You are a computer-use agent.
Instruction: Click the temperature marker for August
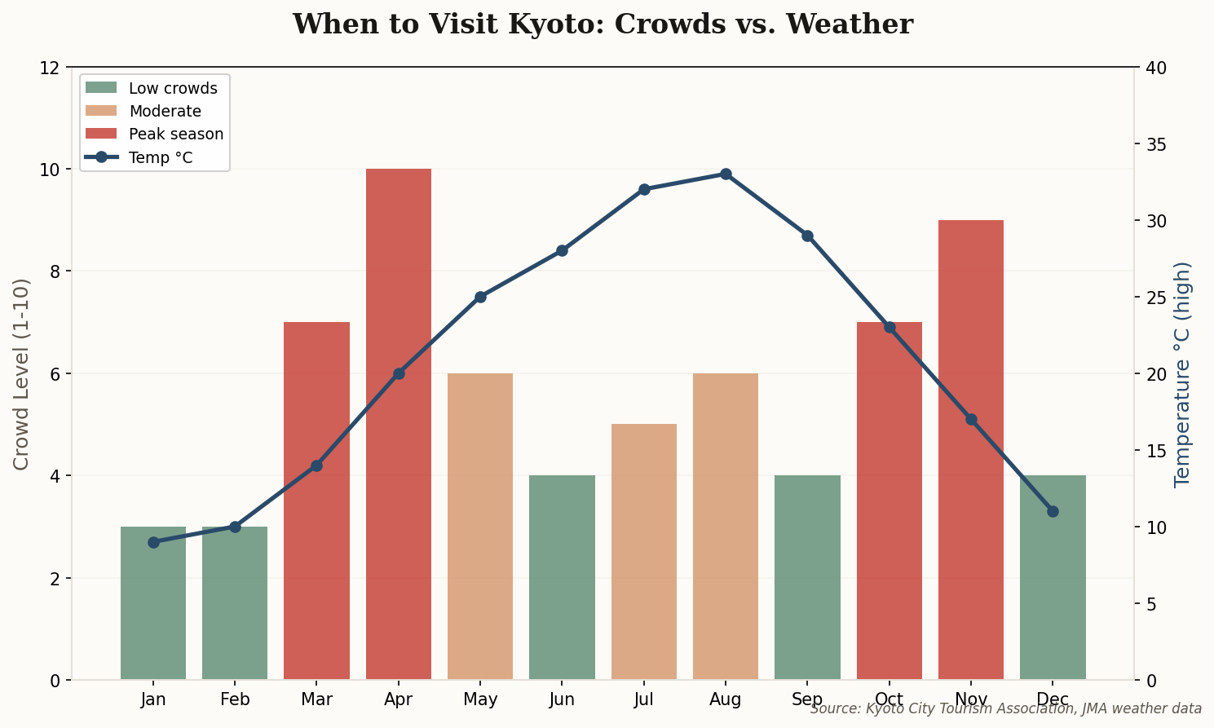click(x=726, y=174)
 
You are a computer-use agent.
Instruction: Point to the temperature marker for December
click(x=1053, y=511)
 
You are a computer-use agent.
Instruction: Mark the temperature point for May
click(x=480, y=297)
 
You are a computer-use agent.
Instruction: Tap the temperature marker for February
click(x=235, y=527)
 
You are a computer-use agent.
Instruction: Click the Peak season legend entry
click(x=176, y=135)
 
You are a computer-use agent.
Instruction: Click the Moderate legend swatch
click(x=101, y=111)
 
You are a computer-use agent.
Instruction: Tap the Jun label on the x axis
click(x=562, y=699)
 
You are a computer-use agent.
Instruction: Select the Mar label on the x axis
click(x=316, y=699)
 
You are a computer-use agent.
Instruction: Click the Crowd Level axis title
click(x=22, y=373)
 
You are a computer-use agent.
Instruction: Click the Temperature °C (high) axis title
click(x=1183, y=373)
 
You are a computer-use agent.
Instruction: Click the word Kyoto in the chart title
click(x=555, y=24)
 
